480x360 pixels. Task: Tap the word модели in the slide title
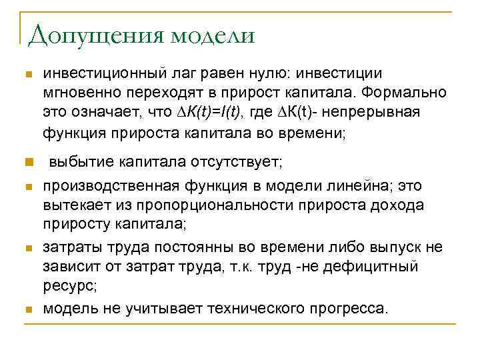click(213, 35)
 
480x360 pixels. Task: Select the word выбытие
click(81, 161)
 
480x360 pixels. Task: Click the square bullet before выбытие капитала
click(27, 162)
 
